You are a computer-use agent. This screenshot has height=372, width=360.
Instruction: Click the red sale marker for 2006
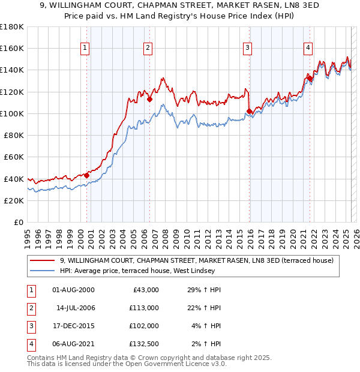[x=149, y=100]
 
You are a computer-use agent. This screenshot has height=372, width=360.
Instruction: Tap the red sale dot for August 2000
[x=86, y=175]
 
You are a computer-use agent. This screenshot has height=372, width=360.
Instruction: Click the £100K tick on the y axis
[x=12, y=113]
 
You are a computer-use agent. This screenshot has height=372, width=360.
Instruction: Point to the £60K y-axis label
[x=14, y=157]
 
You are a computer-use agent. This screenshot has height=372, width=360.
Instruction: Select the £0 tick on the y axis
[x=19, y=222]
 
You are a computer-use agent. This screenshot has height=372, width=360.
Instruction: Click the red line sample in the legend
[x=43, y=260]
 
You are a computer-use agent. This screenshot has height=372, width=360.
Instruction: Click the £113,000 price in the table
[x=145, y=308]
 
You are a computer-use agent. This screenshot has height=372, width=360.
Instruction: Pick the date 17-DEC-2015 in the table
[x=73, y=326]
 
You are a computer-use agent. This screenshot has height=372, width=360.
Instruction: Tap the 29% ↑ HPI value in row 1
[x=205, y=290]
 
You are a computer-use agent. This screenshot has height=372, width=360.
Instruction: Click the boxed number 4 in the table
[x=30, y=344]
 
